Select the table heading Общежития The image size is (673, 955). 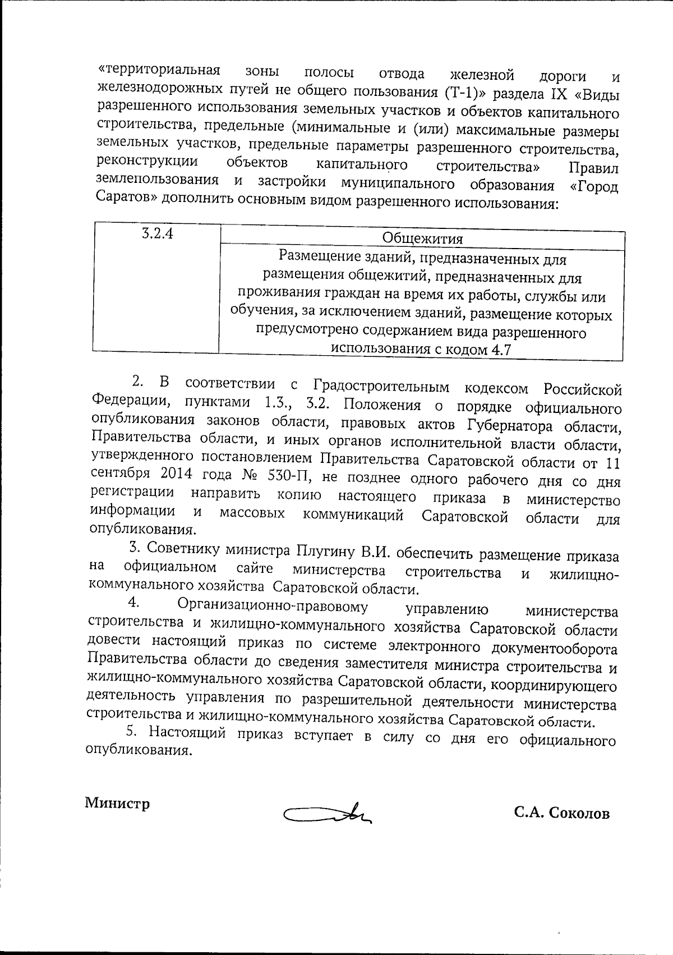[x=422, y=238]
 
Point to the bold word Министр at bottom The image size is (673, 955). [x=117, y=803]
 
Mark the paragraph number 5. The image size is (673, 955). [x=131, y=733]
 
